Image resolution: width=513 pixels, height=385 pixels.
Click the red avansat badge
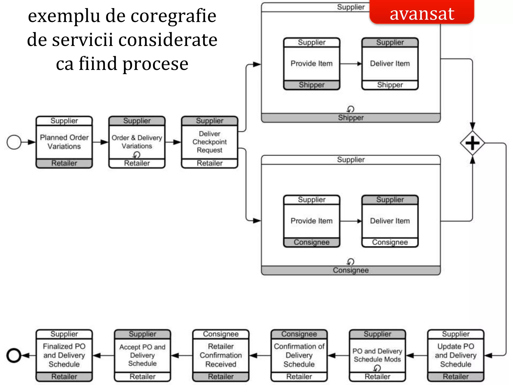(x=422, y=13)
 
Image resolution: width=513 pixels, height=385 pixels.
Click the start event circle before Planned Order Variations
(x=14, y=142)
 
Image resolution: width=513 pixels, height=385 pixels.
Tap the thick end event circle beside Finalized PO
(x=14, y=355)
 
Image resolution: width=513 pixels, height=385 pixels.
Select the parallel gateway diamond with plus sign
(x=472, y=143)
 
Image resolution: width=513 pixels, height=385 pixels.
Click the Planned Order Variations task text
(x=64, y=142)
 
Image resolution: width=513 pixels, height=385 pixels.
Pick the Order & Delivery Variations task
(x=137, y=142)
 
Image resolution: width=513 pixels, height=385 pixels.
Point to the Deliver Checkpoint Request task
(x=209, y=142)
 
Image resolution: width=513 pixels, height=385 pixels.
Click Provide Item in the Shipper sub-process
(x=311, y=63)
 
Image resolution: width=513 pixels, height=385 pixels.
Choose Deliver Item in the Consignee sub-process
(x=390, y=221)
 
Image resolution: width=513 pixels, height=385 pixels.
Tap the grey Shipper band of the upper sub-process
(x=351, y=118)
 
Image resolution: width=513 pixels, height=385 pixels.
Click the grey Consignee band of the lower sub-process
(x=351, y=270)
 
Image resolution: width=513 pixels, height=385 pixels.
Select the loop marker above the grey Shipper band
(x=350, y=109)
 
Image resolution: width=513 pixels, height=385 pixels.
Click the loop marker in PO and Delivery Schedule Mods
(x=377, y=368)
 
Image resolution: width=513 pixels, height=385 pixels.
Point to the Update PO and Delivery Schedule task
(x=455, y=355)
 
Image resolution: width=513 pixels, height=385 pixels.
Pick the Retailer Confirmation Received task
(x=221, y=355)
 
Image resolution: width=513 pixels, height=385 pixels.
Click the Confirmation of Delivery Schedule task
(x=299, y=355)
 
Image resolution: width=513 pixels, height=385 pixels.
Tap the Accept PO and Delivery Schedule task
(x=142, y=355)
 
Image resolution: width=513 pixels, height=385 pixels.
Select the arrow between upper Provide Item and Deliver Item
(x=351, y=64)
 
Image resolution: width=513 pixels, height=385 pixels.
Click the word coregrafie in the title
(x=173, y=16)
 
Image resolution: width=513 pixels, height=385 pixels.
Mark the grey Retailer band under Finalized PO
(x=64, y=377)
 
